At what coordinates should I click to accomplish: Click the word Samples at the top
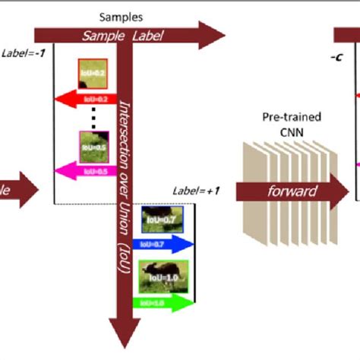[122, 17]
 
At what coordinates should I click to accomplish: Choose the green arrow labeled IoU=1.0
[163, 303]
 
